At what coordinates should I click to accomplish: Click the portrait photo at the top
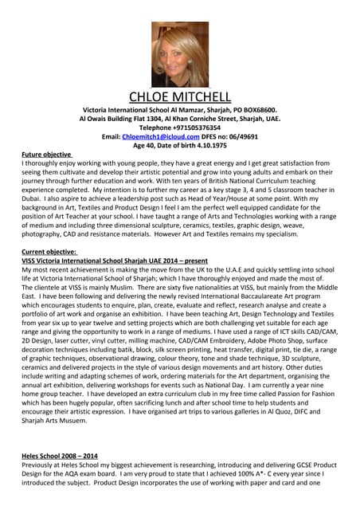pos(179,53)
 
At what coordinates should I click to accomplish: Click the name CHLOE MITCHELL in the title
pos(180,97)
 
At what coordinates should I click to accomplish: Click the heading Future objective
pos(47,154)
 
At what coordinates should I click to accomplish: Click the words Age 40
pos(146,145)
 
